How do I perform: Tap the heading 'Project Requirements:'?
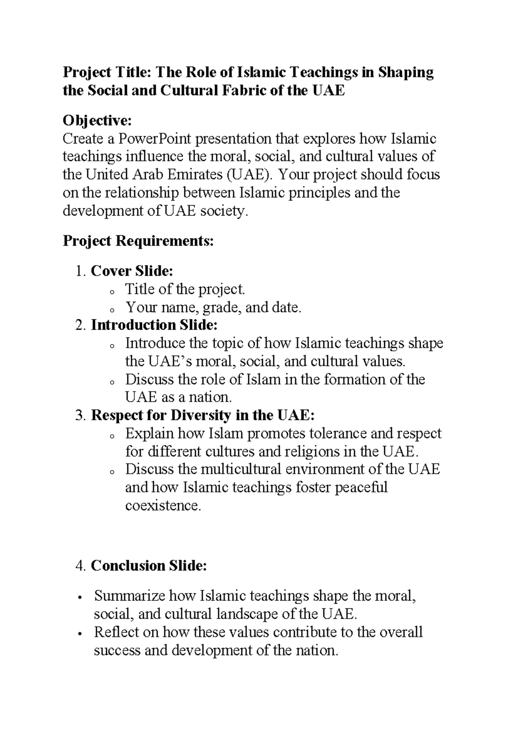(138, 241)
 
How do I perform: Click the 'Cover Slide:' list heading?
(132, 271)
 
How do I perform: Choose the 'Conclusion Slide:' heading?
(148, 566)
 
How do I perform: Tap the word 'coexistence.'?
(163, 506)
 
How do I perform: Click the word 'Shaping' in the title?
(406, 72)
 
